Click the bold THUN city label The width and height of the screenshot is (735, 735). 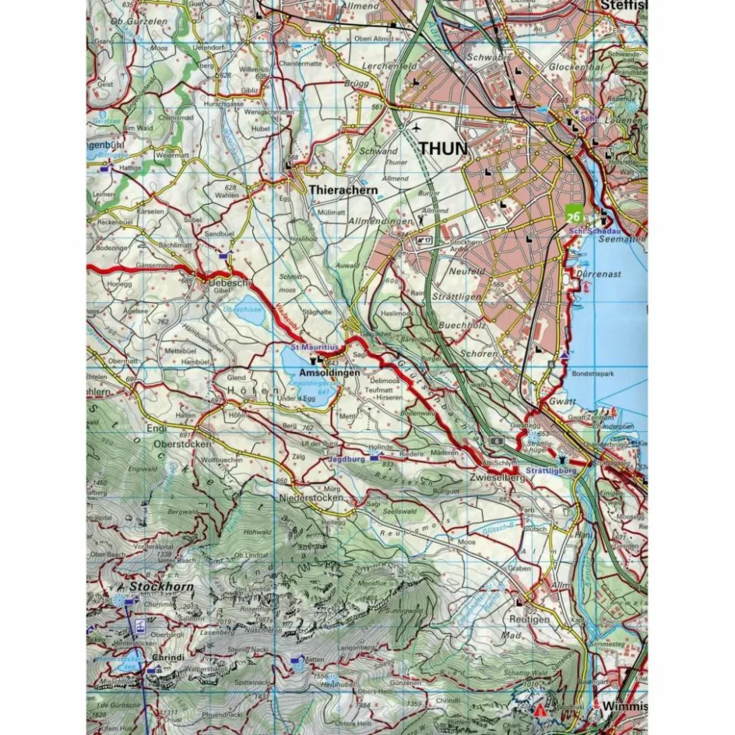pos(443,148)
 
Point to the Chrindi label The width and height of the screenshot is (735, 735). pos(168,657)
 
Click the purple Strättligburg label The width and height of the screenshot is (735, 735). pos(550,470)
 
